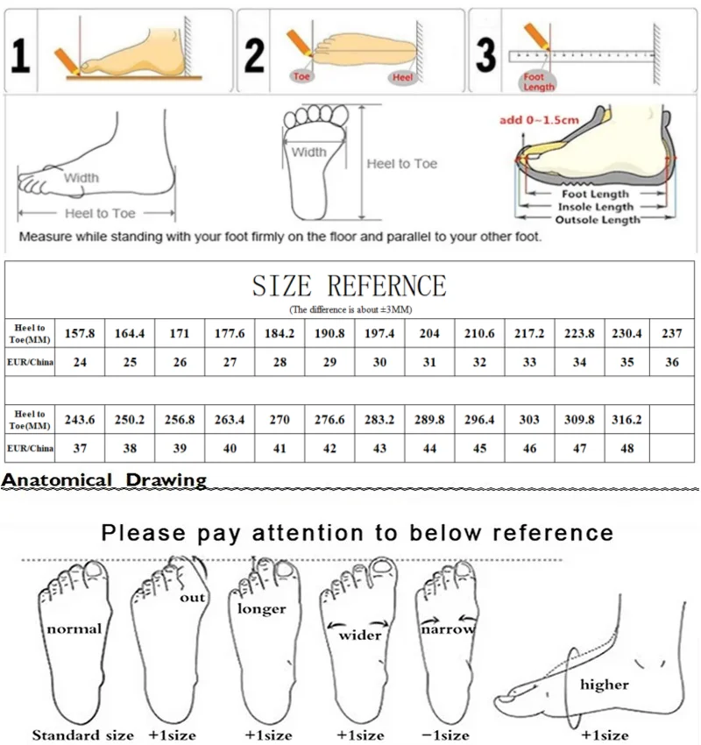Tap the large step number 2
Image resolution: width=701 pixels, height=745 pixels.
(x=255, y=55)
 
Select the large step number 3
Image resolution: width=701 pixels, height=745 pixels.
(x=485, y=55)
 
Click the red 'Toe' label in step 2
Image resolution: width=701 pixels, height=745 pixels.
(x=302, y=76)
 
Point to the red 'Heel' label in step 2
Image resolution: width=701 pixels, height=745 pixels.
(x=402, y=77)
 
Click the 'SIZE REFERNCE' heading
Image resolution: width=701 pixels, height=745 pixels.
(x=349, y=286)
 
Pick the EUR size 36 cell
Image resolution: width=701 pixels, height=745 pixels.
(x=672, y=362)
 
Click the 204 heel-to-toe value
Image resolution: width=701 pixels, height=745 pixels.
(x=429, y=334)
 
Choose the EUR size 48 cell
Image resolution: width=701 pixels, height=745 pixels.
(x=627, y=448)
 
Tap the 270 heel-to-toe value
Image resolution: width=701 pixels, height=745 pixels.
(x=280, y=420)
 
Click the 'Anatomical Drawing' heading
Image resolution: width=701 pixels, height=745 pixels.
(x=104, y=479)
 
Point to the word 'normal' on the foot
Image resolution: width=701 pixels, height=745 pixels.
(x=74, y=628)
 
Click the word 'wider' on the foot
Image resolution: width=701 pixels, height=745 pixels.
(x=360, y=634)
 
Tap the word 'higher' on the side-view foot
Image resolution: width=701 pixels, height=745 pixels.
(x=604, y=684)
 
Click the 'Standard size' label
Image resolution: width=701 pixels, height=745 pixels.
(x=83, y=734)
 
